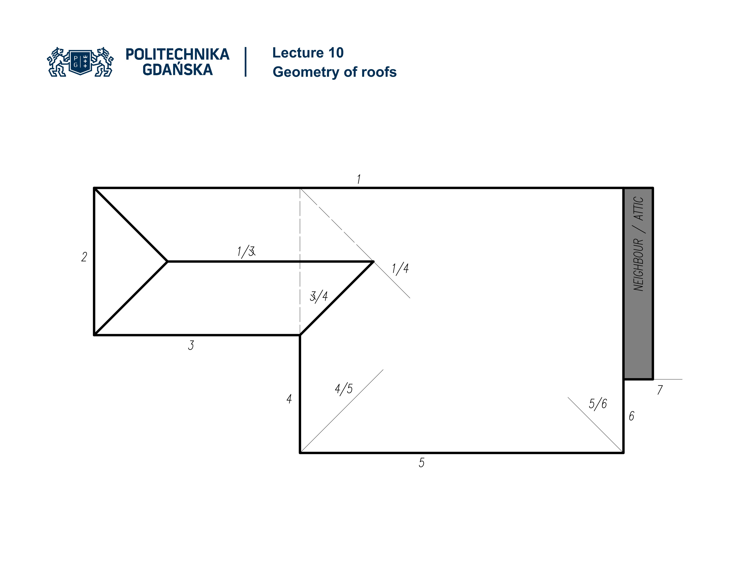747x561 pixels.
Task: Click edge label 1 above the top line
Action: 359,179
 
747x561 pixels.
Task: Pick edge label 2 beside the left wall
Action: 84,257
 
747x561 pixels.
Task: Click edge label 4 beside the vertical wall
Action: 289,399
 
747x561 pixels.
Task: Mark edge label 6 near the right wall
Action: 631,416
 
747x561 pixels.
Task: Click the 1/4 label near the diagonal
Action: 400,268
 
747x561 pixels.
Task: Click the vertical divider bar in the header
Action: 245,62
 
